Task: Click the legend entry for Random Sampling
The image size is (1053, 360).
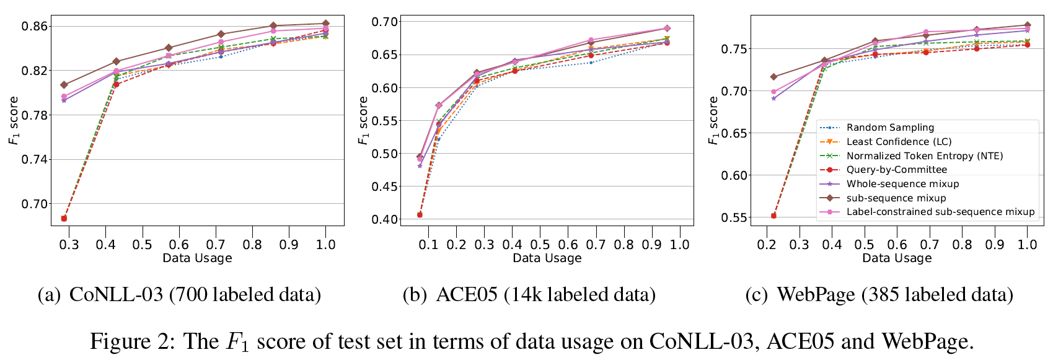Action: tap(890, 128)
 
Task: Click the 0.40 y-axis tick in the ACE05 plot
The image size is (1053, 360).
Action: tap(386, 219)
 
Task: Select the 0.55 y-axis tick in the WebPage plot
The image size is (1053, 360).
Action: tap(734, 218)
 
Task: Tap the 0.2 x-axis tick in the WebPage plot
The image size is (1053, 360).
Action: tap(767, 245)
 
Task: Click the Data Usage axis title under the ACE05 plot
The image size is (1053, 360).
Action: tap(547, 258)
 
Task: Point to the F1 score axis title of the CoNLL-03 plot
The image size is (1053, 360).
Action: tap(13, 121)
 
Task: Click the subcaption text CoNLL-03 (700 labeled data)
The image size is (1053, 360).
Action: tap(195, 295)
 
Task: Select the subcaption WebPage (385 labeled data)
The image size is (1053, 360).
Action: tap(895, 295)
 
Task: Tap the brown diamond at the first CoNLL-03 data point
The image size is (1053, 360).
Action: tap(64, 85)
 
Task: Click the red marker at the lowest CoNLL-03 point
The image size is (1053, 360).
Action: tap(64, 218)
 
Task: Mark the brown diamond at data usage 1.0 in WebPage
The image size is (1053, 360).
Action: tap(1027, 25)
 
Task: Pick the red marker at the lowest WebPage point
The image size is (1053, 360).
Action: tap(773, 216)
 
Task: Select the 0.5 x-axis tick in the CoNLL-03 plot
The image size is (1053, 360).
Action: tap(142, 245)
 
